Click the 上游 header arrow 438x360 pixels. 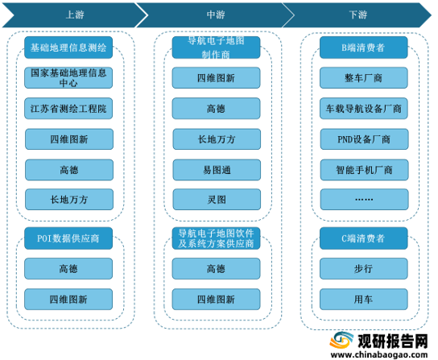coord(74,15)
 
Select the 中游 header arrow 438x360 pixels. coord(216,15)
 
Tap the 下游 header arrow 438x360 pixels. coord(357,15)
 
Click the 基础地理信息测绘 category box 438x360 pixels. coord(68,48)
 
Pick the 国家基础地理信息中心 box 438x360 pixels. coord(68,77)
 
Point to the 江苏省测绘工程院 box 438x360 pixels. coord(68,109)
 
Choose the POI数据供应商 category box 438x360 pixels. coord(68,238)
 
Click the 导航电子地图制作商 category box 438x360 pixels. coord(216,48)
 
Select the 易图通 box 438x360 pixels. coord(217,170)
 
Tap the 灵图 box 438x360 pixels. coord(217,200)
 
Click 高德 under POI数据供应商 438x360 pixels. coord(68,269)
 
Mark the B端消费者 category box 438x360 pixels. coord(364,48)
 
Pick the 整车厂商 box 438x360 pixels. coord(364,77)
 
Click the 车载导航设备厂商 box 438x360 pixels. coord(364,109)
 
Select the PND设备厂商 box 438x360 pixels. coord(364,139)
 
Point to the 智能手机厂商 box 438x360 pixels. coord(364,170)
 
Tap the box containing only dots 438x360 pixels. coord(364,200)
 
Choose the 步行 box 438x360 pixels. coord(364,269)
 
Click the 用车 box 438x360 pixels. coord(364,300)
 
